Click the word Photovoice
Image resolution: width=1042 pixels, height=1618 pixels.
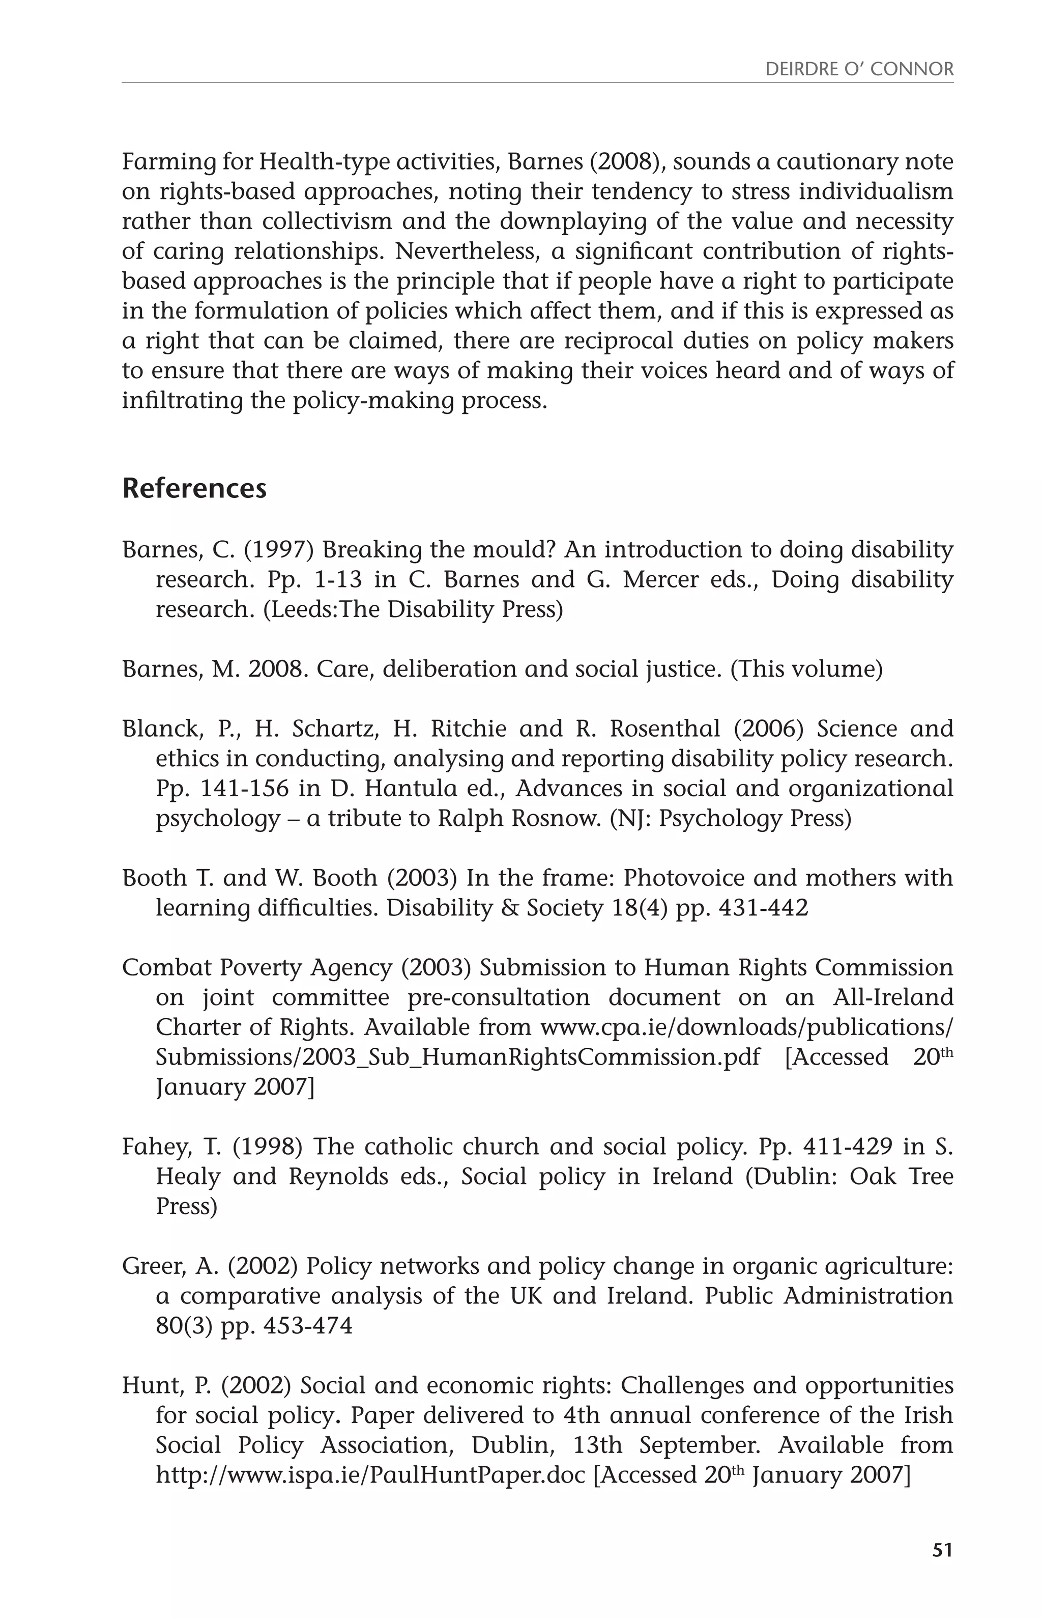click(x=684, y=878)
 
